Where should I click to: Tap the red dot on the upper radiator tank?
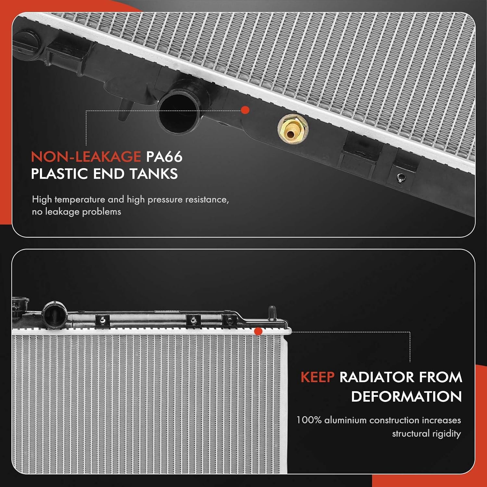[x=245, y=110]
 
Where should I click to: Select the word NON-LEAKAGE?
[x=86, y=157]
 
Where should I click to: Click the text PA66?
[x=164, y=157]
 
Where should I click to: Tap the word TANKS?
[x=154, y=174]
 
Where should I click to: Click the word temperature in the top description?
[x=79, y=199]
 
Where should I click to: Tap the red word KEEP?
[x=317, y=377]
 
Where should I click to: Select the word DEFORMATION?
[x=406, y=396]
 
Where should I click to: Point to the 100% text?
[x=309, y=420]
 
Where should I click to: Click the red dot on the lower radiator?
[x=258, y=331]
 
